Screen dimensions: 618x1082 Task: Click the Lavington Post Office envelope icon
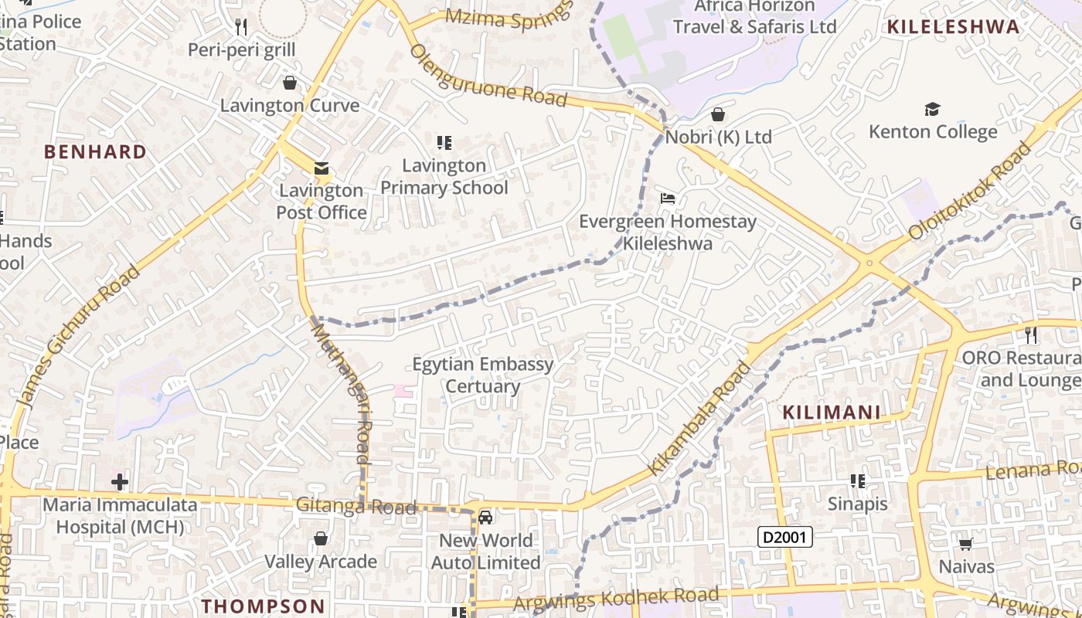pos(321,168)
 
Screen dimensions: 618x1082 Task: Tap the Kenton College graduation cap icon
pos(933,109)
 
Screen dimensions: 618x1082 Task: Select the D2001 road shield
pos(784,537)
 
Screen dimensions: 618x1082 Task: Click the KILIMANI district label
pos(832,413)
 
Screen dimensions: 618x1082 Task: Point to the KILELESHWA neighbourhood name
pos(953,27)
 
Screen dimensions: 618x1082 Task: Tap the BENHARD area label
pos(95,151)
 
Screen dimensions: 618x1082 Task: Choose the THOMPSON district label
pos(264,606)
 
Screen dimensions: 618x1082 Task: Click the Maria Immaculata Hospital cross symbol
pos(120,483)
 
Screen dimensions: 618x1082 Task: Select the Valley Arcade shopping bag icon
pos(321,538)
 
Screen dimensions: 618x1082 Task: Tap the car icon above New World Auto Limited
pos(485,517)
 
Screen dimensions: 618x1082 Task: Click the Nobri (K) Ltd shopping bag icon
pos(718,114)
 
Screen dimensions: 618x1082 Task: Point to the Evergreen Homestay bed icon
pos(668,199)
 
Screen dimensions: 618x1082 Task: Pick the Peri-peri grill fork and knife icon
pos(242,27)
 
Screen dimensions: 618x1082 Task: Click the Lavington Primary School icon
pos(444,142)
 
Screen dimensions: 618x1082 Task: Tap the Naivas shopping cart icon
pos(965,544)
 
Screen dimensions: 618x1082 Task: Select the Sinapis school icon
pos(857,481)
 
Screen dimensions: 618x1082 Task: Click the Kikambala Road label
pos(699,419)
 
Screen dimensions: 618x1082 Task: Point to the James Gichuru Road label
pos(78,337)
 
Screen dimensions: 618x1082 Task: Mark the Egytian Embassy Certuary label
pos(483,375)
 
